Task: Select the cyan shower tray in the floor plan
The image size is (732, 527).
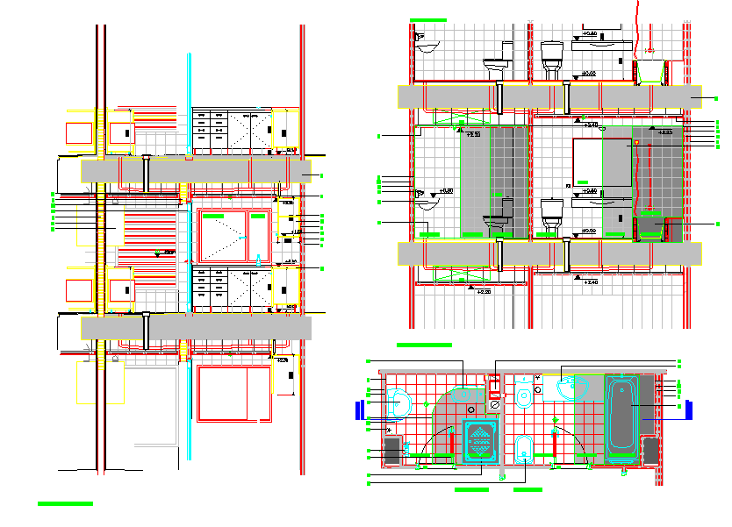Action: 479,440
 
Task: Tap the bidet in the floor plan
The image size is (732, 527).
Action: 524,446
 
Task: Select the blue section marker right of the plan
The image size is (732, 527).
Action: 690,409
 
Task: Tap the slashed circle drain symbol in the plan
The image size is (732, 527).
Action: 492,406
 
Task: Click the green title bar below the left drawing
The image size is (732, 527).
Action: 65,504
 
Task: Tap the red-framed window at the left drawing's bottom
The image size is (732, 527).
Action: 233,392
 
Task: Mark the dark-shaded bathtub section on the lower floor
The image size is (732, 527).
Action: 650,226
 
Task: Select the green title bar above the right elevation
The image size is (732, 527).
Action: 428,19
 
